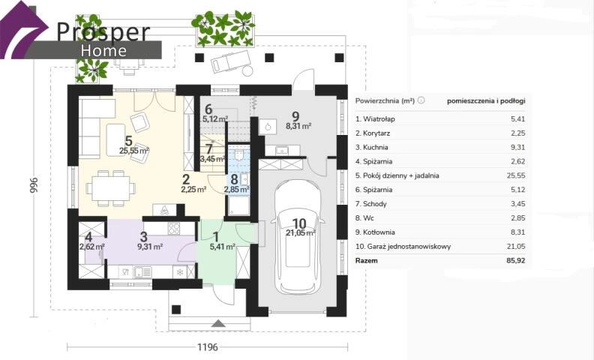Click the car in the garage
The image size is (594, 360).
[301, 237]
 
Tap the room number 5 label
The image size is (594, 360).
[129, 141]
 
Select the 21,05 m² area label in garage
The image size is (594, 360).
[301, 232]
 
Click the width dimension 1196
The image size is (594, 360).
[208, 346]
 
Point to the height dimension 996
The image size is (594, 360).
[34, 185]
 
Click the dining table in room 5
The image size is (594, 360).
[111, 189]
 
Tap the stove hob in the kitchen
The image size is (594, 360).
[174, 228]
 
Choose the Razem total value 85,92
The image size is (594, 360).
[515, 261]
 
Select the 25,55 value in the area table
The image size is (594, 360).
[516, 175]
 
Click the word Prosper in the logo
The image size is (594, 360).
[103, 31]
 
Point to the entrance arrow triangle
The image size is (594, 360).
[218, 323]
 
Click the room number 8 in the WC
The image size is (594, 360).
[234, 179]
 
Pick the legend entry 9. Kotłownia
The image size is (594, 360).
[375, 232]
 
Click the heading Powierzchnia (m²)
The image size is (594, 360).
[385, 100]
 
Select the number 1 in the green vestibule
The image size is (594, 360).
[216, 237]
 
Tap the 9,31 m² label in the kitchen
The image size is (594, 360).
[150, 247]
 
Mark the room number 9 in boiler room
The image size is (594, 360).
[295, 116]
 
